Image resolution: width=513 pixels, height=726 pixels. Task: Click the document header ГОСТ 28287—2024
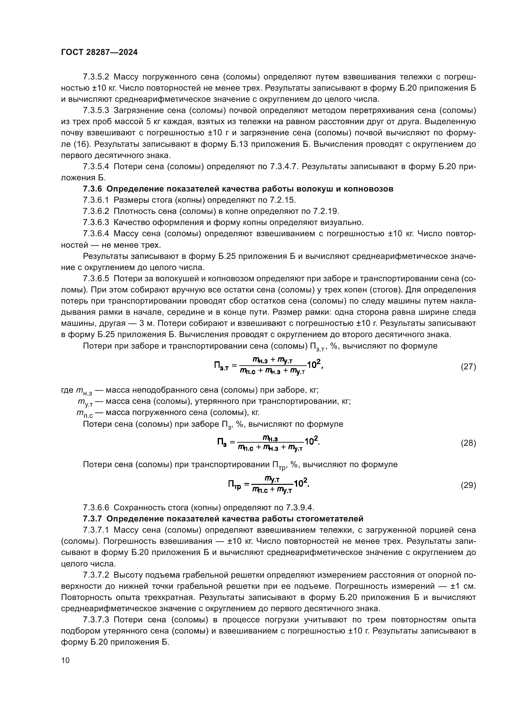click(x=99, y=52)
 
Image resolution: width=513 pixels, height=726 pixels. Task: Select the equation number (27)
click(x=468, y=367)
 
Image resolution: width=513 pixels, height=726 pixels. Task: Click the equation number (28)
click(x=468, y=443)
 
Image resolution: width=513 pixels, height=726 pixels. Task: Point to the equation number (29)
click(x=468, y=485)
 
